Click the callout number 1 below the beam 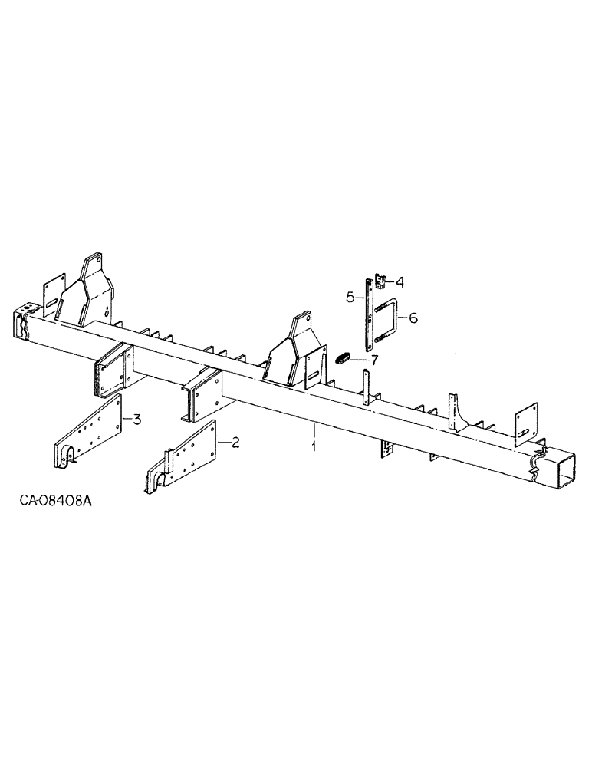pyautogui.click(x=314, y=444)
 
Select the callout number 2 pyautogui.click(x=235, y=442)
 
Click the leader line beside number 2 pyautogui.click(x=222, y=443)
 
